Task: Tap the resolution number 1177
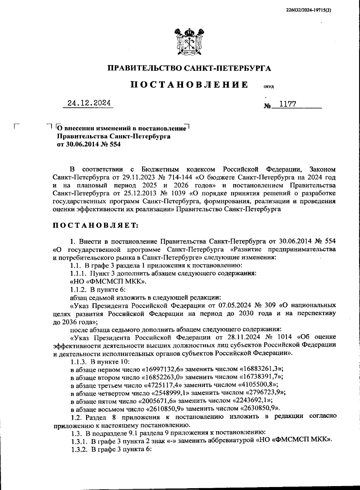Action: tap(287, 104)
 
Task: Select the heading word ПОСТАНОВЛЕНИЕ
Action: tap(189, 85)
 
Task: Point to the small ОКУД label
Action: tap(268, 87)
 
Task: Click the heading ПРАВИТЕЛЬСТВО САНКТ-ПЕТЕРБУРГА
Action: tap(189, 68)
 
